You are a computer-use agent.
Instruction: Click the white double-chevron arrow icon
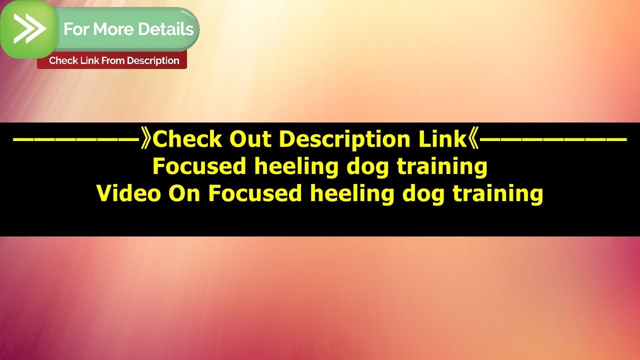coord(29,28)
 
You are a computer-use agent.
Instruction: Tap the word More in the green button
coord(113,29)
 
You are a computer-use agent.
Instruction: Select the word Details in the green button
coord(166,29)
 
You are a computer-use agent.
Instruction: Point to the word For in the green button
coord(76,29)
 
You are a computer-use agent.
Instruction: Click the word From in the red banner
coord(112,60)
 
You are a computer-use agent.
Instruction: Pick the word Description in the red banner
coord(153,60)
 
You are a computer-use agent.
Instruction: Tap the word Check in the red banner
coord(63,60)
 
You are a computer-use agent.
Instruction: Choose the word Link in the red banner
coord(89,60)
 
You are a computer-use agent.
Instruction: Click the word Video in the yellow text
coord(128,193)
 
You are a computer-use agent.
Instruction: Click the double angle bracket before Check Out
coord(145,139)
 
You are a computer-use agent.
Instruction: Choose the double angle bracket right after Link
coord(474,139)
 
